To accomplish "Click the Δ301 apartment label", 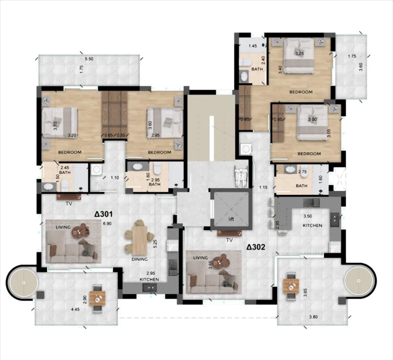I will (103, 215).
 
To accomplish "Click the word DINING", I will (140, 259).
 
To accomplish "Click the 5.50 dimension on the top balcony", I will (89, 60).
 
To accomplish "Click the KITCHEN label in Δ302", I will (312, 225).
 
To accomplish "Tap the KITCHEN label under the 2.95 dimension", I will (150, 280).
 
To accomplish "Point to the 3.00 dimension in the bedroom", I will (312, 120).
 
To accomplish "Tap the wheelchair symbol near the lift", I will (240, 177).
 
